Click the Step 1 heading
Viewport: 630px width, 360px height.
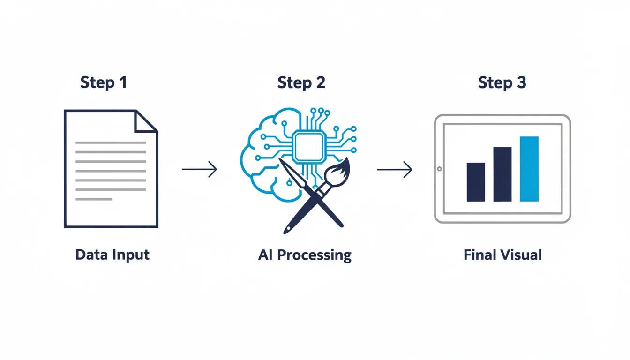coord(104,82)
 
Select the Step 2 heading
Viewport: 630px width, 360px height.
coord(301,82)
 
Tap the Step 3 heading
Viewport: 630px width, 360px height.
coord(502,82)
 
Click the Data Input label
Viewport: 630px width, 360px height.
coord(112,255)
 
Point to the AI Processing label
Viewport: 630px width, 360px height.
coord(305,255)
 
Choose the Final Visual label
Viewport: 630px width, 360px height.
coord(502,255)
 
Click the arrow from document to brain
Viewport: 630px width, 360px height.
coord(199,169)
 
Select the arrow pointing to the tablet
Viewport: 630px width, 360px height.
coord(394,169)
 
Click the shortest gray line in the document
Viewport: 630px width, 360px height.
coord(94,199)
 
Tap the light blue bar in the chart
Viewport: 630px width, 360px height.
coord(529,169)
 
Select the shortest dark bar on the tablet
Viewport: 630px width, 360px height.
coord(476,182)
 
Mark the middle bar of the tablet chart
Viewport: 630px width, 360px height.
coord(502,174)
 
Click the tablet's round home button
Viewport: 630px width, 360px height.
coord(439,169)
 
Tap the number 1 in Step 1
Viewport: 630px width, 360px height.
coord(123,82)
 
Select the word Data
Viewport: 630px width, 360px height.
coord(91,255)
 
